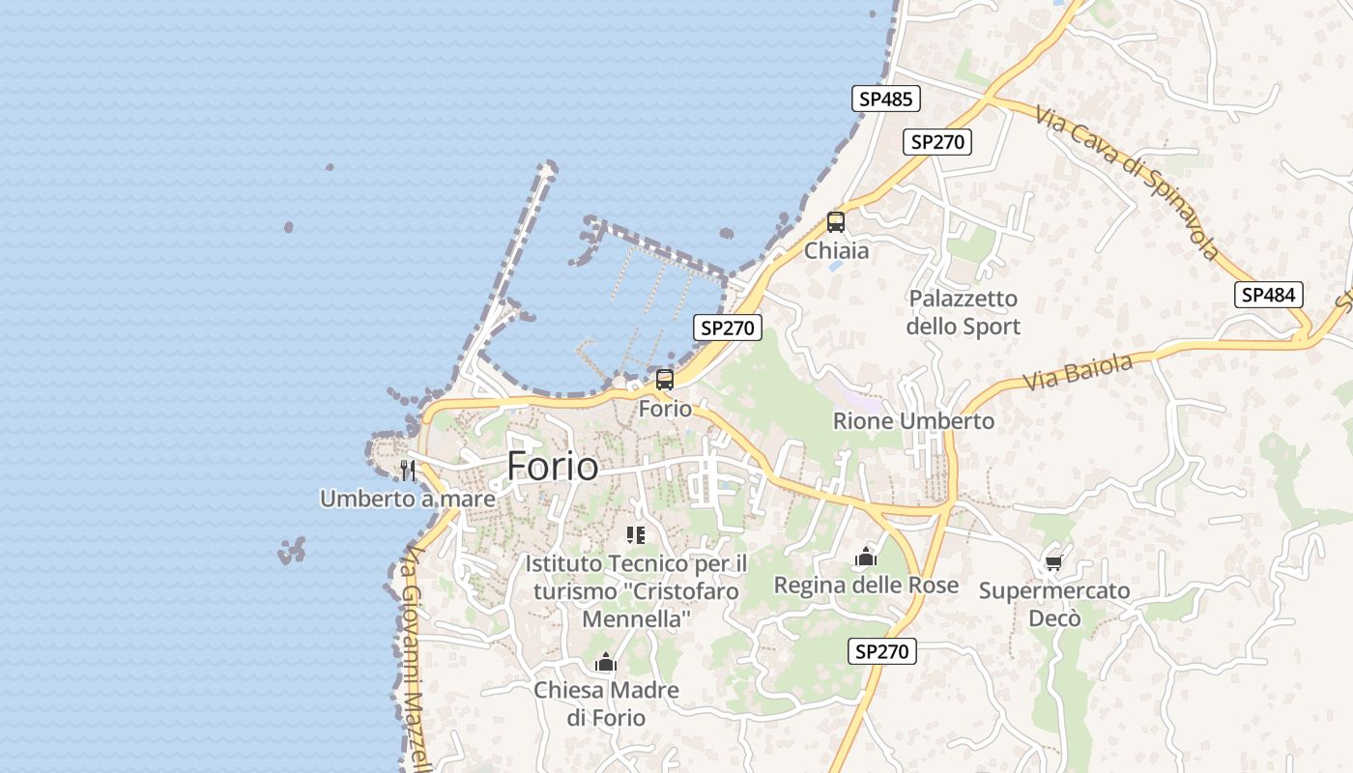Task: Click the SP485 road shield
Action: [x=886, y=99]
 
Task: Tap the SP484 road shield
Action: [x=1269, y=295]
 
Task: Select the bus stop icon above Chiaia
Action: [x=836, y=222]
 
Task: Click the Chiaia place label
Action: [x=837, y=251]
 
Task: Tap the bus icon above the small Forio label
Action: [x=665, y=380]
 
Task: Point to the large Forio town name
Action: [x=553, y=467]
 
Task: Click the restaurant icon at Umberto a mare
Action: [x=408, y=471]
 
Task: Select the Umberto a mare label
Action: [x=408, y=500]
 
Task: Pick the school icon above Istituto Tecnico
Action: [x=636, y=535]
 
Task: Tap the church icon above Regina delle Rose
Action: [x=866, y=557]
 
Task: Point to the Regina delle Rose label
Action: [x=866, y=586]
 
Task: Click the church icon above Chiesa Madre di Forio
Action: [x=606, y=663]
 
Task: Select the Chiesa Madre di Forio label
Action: [x=606, y=703]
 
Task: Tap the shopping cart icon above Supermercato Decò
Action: [x=1053, y=562]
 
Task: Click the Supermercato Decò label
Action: [x=1053, y=604]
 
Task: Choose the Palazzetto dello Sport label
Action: [x=964, y=312]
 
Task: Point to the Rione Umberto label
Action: [x=913, y=421]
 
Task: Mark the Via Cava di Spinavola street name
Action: [x=1127, y=182]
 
